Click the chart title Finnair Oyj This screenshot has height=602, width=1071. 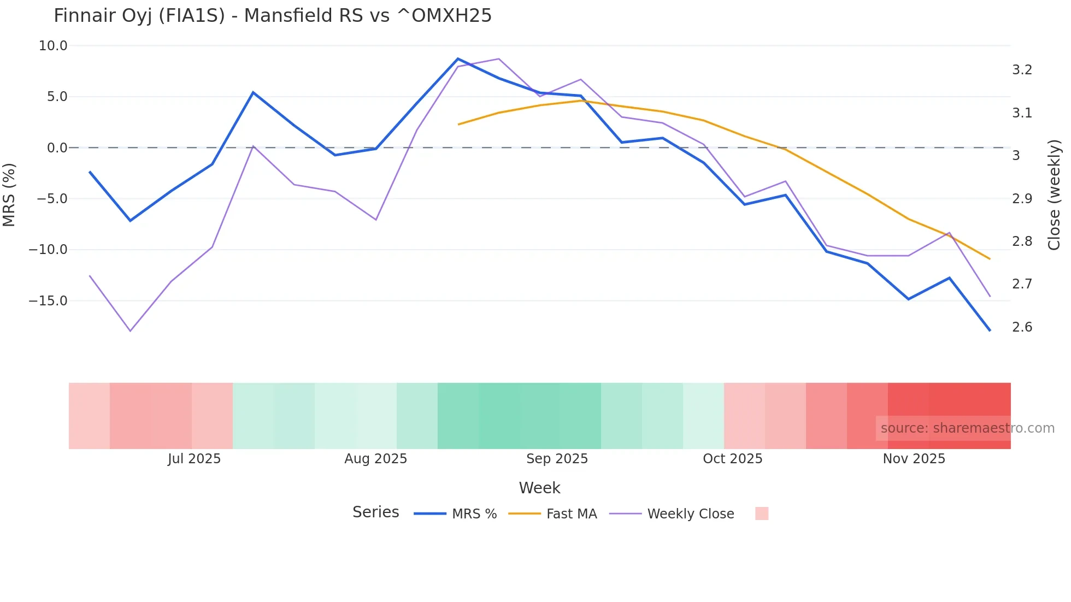[272, 16]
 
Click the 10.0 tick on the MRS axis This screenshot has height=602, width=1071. [53, 46]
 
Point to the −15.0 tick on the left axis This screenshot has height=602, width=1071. [49, 301]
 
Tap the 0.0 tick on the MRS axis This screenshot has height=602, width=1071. [57, 148]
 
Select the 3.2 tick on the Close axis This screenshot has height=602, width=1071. [1022, 70]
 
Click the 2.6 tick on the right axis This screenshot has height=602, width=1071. [1022, 327]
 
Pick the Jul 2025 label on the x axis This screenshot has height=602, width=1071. [194, 459]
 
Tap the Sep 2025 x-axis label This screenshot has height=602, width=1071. [557, 459]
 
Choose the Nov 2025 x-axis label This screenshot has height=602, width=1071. [914, 459]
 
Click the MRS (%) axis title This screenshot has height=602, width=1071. [9, 195]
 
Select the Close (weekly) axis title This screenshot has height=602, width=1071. [1054, 195]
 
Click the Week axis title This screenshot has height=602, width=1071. [539, 488]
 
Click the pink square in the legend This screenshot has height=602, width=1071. [762, 514]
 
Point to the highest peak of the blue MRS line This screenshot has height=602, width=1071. [458, 58]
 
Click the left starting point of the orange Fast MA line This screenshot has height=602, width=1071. [458, 125]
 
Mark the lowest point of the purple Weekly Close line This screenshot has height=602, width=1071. [130, 331]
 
